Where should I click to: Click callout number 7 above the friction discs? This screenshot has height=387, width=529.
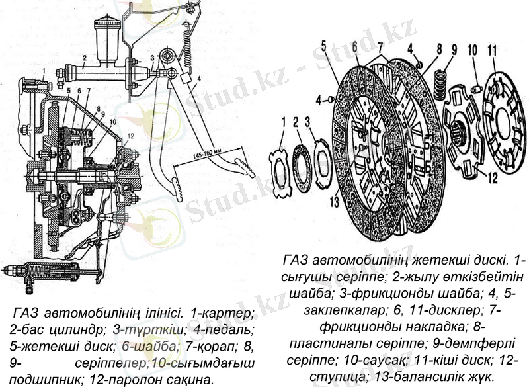(x=380, y=48)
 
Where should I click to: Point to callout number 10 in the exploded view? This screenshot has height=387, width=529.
(x=472, y=50)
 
